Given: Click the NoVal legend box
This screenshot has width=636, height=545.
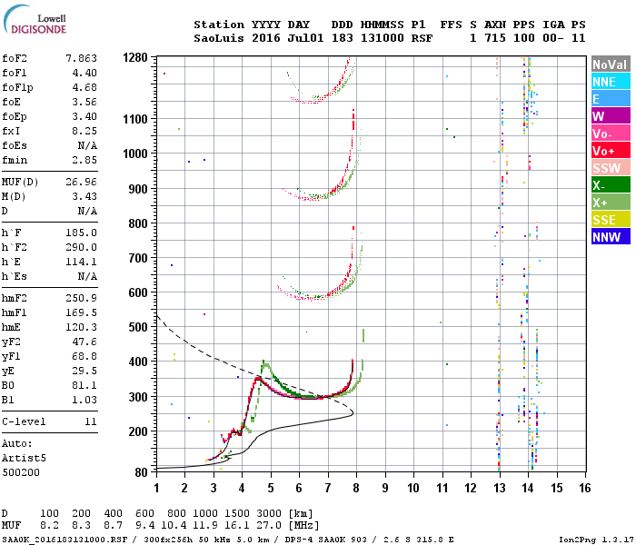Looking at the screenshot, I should pyautogui.click(x=609, y=64).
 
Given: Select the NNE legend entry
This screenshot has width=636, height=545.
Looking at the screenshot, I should pyautogui.click(x=609, y=82).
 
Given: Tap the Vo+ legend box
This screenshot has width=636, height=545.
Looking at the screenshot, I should pyautogui.click(x=609, y=151).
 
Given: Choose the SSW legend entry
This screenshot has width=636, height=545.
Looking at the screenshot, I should pyautogui.click(x=609, y=168).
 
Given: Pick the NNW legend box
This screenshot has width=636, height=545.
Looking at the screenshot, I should pyautogui.click(x=609, y=237).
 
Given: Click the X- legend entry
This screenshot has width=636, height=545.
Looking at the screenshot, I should pyautogui.click(x=609, y=185).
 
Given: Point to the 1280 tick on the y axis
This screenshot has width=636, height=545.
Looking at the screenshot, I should pyautogui.click(x=135, y=58).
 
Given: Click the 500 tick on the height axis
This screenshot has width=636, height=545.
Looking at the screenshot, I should pyautogui.click(x=138, y=326).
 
